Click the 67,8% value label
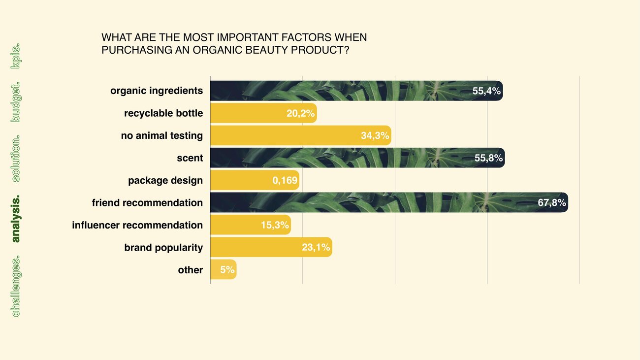point(552,202)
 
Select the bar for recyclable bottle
point(263,113)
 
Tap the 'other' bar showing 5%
point(224,269)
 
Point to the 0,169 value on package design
point(285,180)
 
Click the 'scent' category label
point(190,158)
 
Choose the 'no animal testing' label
point(162,135)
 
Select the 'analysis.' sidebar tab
point(16,219)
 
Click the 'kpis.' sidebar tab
point(16,56)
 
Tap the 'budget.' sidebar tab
point(16,102)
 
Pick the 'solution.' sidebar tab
point(16,159)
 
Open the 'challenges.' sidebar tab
point(16,286)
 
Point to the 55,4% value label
point(486,91)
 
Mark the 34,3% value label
point(375,135)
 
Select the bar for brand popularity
point(271,247)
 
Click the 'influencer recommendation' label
point(137,225)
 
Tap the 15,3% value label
point(275,225)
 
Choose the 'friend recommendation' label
point(147,203)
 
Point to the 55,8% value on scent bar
point(488,158)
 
